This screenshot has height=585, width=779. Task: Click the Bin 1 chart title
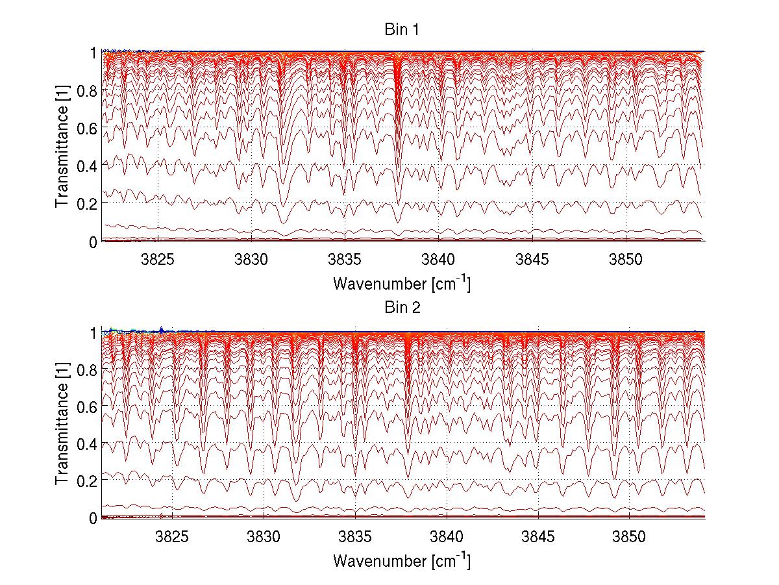tap(401, 29)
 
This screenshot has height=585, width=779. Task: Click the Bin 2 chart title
tap(401, 308)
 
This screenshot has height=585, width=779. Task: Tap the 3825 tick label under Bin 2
tap(172, 536)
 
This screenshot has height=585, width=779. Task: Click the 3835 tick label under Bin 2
tap(355, 536)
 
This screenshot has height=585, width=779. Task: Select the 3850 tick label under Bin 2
tap(630, 536)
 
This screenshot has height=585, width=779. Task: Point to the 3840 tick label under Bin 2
tap(447, 536)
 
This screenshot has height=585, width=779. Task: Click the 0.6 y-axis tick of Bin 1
tap(86, 129)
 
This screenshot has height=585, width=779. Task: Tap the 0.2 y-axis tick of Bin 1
tap(86, 203)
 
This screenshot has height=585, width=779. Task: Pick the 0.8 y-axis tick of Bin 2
tap(86, 370)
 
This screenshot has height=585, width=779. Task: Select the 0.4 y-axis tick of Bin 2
tap(86, 444)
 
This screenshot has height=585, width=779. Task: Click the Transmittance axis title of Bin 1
tap(62, 146)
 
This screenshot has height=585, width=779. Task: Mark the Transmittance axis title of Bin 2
tap(62, 425)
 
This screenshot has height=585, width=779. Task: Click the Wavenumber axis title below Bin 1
tap(401, 283)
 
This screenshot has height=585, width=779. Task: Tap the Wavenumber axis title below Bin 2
tap(401, 560)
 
